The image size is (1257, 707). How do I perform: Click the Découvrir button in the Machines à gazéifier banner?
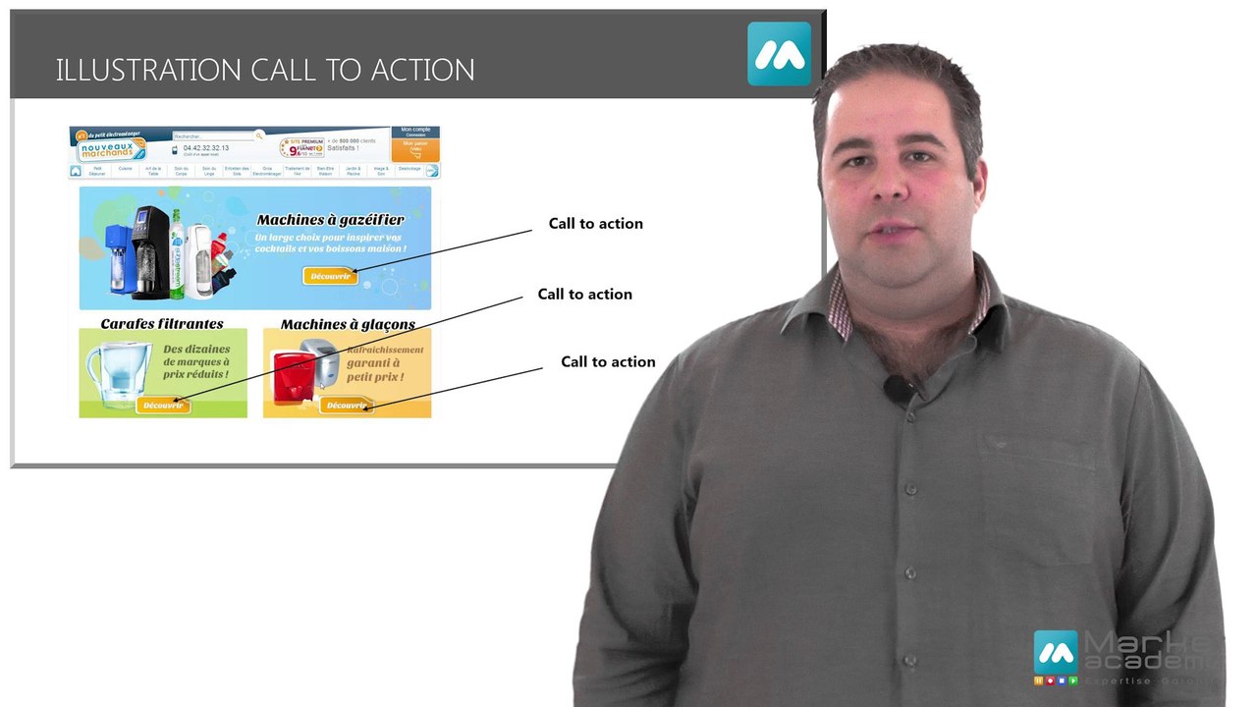330,276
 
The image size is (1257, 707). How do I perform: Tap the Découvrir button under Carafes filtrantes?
162,405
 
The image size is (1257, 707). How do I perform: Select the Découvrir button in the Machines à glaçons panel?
346,405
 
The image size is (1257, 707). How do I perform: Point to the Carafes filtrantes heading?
162,323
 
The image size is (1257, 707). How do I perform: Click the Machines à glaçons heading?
348,324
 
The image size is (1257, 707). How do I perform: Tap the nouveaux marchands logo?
111,148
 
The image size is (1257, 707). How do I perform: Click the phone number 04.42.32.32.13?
205,148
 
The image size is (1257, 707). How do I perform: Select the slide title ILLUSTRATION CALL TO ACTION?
265,70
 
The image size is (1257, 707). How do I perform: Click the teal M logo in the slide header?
779,54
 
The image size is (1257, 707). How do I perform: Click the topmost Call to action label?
595,223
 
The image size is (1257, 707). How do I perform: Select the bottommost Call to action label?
607,361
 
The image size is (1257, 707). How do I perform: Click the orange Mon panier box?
415,149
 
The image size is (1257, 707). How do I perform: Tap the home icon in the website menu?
76,170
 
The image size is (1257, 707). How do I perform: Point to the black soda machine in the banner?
151,250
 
